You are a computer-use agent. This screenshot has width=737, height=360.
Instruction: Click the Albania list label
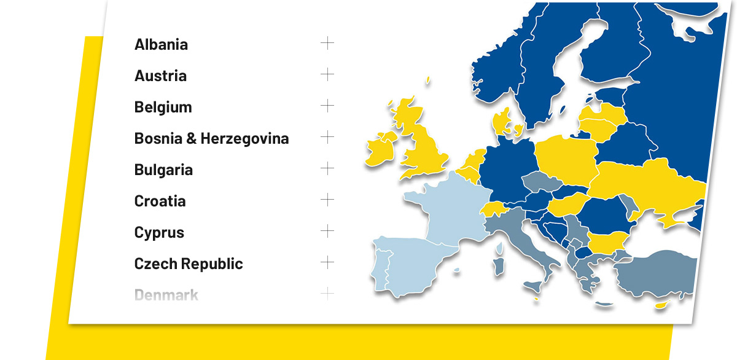[161, 44]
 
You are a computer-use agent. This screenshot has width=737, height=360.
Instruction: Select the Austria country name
[160, 76]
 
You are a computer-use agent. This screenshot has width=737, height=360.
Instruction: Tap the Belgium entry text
[163, 107]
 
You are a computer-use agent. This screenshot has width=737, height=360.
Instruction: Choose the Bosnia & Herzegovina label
[211, 138]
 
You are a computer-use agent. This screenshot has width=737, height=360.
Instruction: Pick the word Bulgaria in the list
[163, 170]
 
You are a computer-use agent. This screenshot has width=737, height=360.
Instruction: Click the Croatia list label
[160, 201]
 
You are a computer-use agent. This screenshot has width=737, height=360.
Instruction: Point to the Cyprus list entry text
[159, 233]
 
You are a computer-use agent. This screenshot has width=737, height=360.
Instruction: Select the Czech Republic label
[189, 264]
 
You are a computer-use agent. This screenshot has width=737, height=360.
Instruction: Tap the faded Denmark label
[166, 295]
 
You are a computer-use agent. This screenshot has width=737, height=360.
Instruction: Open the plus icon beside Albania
[327, 43]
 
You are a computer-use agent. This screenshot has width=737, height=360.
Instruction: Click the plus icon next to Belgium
[327, 106]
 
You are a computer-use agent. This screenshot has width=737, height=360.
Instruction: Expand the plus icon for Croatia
[327, 200]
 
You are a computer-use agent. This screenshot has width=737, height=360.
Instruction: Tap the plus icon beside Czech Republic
[327, 262]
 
